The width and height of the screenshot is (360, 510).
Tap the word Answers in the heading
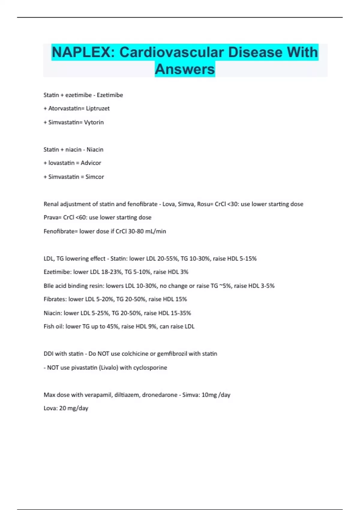[x=185, y=69]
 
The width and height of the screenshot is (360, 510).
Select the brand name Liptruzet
[x=98, y=108]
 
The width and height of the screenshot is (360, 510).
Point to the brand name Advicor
[x=91, y=163]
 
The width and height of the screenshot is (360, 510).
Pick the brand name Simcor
[x=95, y=177]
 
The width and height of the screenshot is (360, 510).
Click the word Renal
[x=51, y=204]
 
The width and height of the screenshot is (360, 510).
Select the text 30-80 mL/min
[x=147, y=231]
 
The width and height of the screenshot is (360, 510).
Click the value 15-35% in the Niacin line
[x=181, y=313]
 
